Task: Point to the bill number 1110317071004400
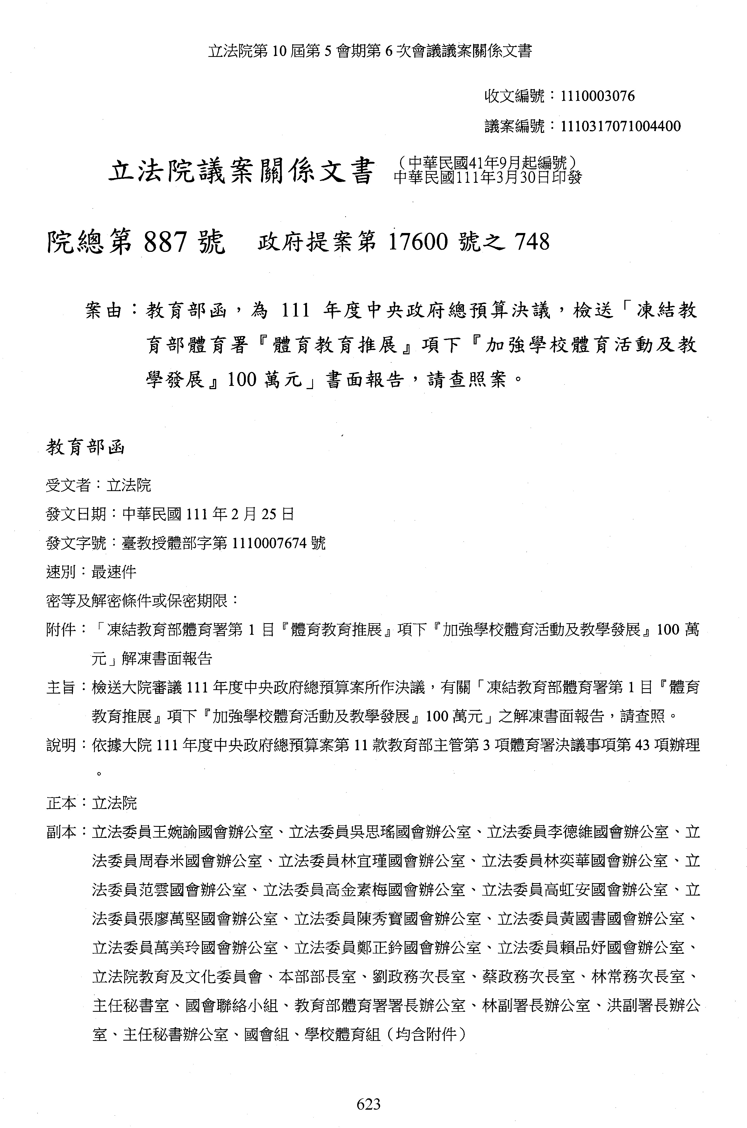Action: point(621,126)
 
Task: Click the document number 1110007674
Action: point(269,543)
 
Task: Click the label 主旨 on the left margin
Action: point(61,687)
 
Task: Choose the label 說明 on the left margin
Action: point(61,745)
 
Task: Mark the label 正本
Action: point(61,803)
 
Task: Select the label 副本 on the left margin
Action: point(61,832)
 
